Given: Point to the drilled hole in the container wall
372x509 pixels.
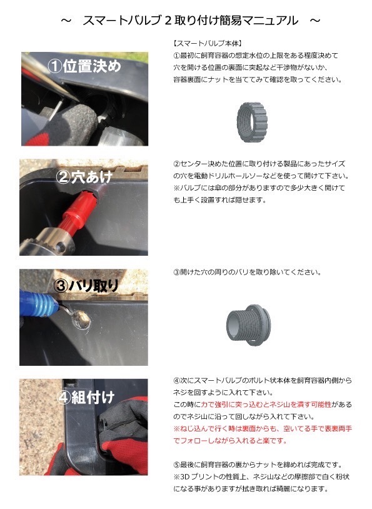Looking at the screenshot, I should [x=81, y=320].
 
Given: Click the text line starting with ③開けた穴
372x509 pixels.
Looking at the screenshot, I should [x=247, y=272].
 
